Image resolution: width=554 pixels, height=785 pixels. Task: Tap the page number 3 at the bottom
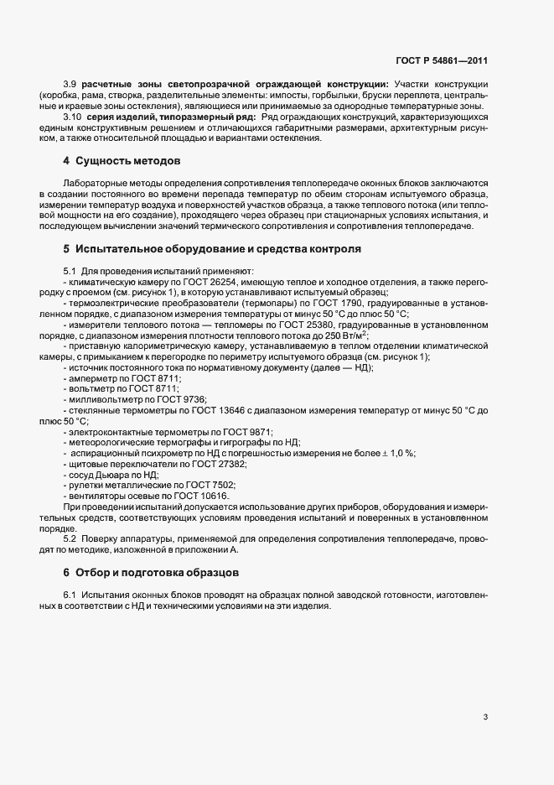click(486, 717)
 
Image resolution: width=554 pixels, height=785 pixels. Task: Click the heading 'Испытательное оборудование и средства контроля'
click(218, 249)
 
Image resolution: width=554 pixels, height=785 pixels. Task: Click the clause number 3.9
click(70, 85)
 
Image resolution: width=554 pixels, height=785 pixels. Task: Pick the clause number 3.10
click(72, 117)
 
